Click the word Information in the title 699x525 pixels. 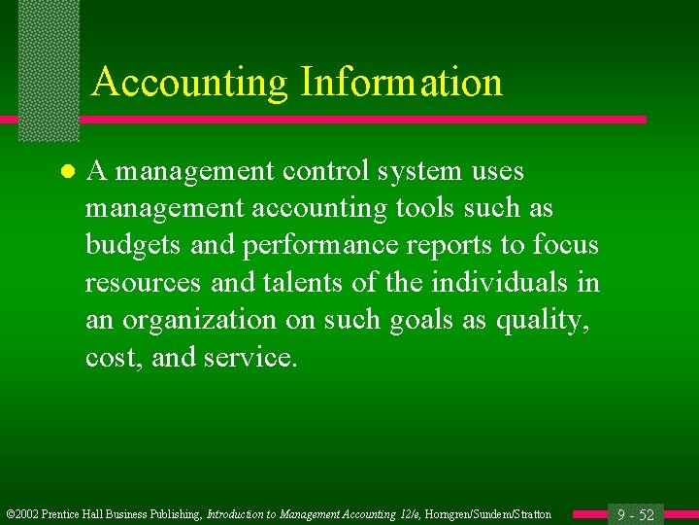coord(401,82)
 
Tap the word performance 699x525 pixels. coord(311,246)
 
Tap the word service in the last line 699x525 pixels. coord(247,357)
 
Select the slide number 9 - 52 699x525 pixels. coord(637,514)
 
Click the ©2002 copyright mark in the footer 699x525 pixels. coord(22,514)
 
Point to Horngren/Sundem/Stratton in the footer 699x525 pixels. coord(492,514)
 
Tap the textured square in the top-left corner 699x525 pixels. coord(49,68)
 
